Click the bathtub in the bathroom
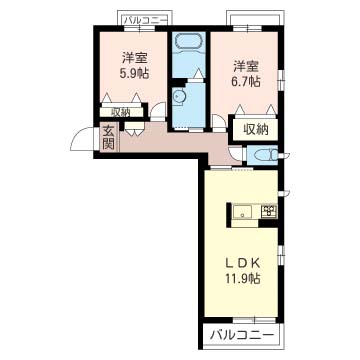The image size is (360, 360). pos(189,43)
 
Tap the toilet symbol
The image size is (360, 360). pos(265,156)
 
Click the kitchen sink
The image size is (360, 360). pos(244,212)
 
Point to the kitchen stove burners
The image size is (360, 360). pos(269,211)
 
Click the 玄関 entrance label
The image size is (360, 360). pos(108,137)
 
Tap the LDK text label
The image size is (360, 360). pos(243,264)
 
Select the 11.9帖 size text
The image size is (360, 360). pos(243,278)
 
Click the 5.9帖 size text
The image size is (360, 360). pos(134,73)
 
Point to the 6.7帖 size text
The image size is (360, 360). pos(245,81)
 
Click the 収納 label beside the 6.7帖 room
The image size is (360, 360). pos(256,129)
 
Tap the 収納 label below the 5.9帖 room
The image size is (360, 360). pos(121,112)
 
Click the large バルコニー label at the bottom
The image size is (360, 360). pos(242,334)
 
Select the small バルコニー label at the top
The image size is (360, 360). pos(145,20)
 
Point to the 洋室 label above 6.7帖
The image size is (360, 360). pos(245,67)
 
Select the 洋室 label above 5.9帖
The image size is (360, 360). pos(134,58)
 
